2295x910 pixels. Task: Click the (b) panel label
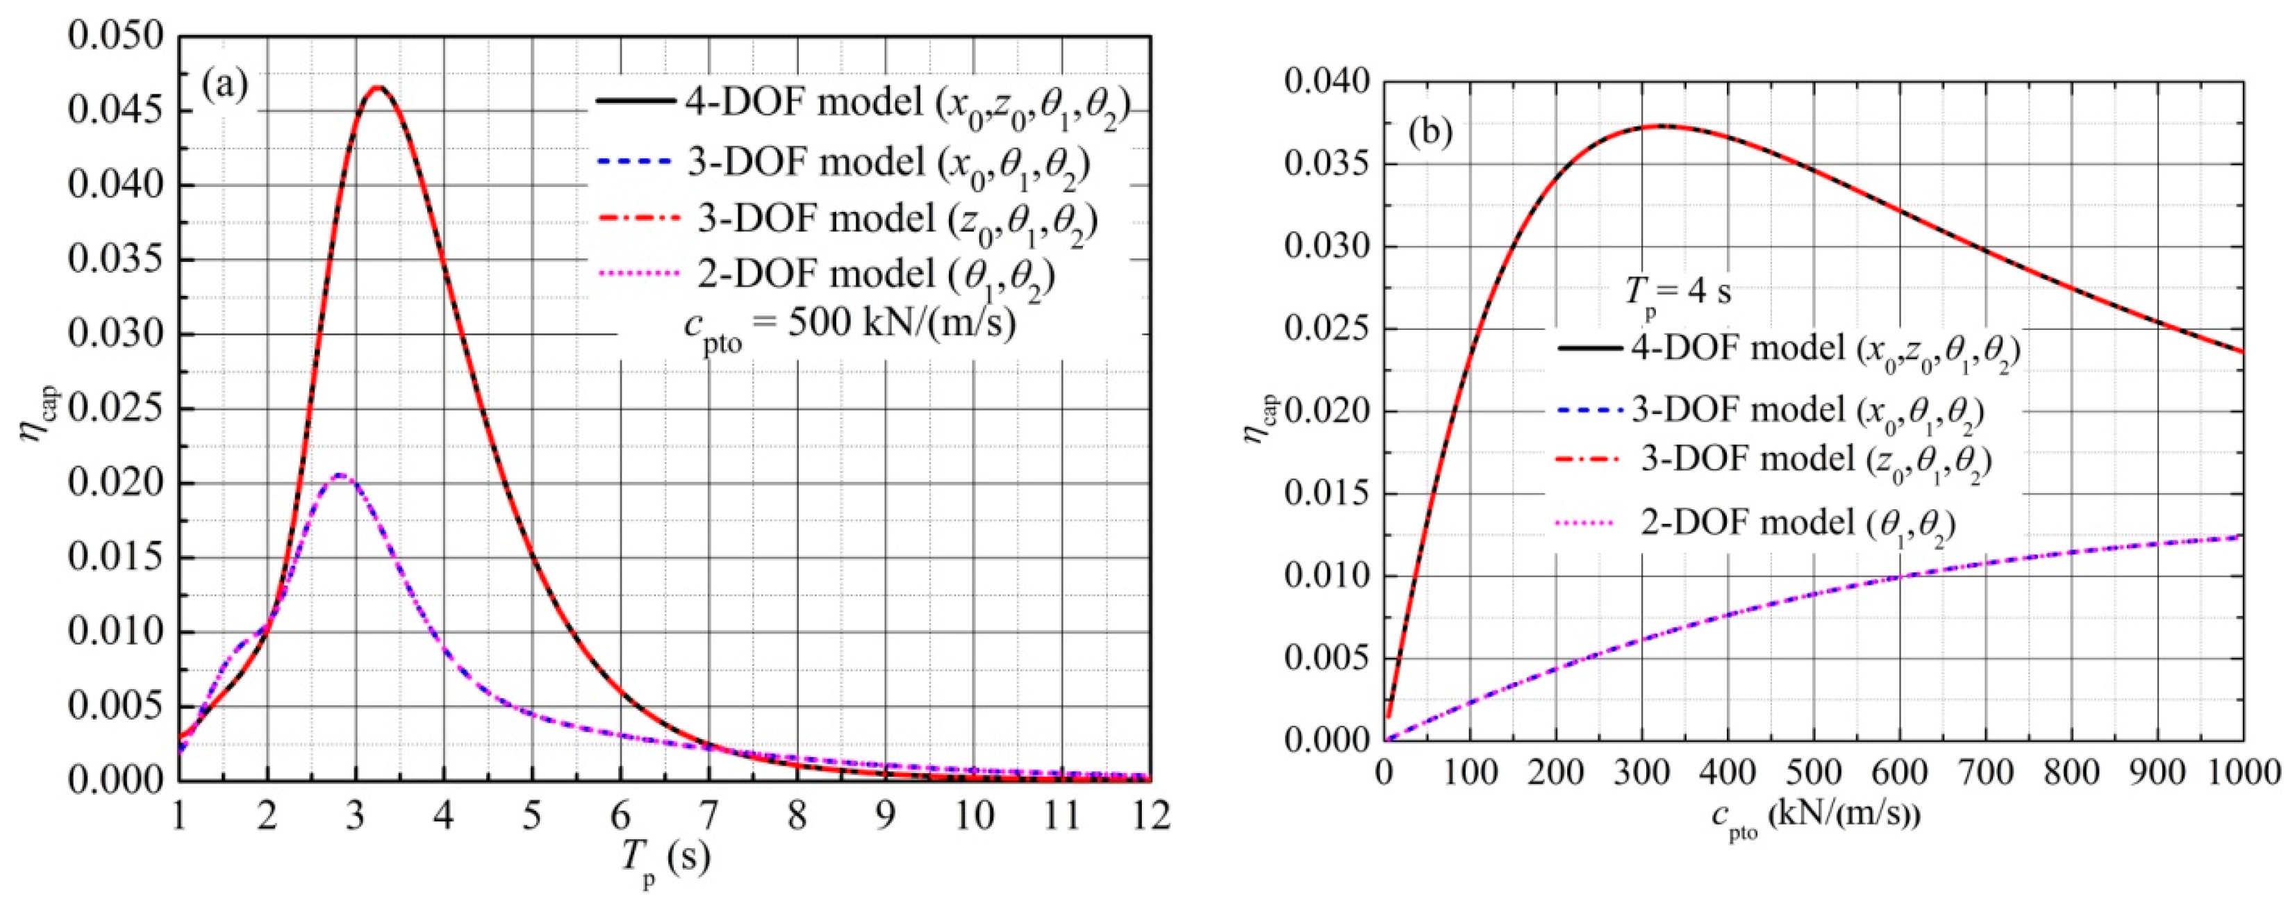1431,132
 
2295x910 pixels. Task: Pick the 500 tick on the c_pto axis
1813,772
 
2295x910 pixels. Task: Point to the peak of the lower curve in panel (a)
340,475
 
